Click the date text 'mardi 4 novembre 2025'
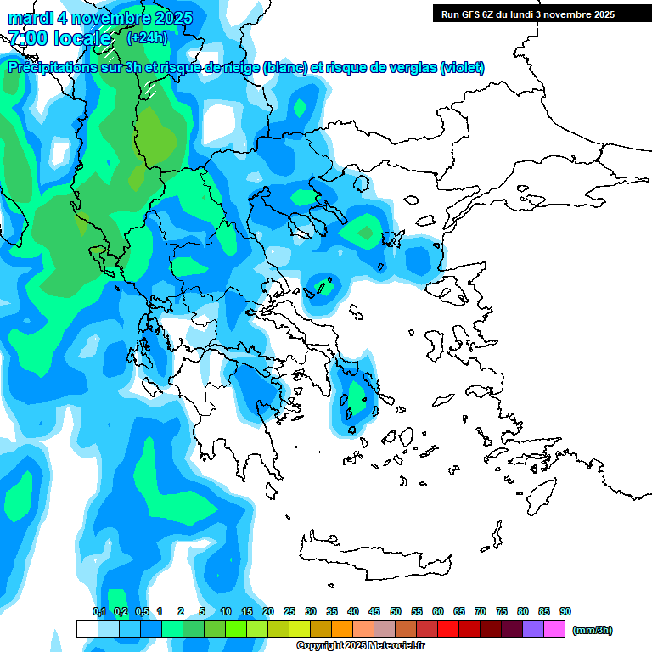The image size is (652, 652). [x=100, y=18]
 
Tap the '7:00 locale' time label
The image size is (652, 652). [x=59, y=38]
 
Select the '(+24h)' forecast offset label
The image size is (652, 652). [x=147, y=37]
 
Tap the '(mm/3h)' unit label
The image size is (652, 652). [x=593, y=630]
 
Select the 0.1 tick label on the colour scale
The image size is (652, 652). [x=98, y=611]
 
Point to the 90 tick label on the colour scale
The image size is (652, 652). [x=565, y=611]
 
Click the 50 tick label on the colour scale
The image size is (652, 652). [x=396, y=611]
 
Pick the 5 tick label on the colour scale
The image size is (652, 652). [x=202, y=611]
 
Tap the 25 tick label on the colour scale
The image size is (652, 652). [x=289, y=611]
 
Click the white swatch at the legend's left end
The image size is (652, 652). [x=87, y=629]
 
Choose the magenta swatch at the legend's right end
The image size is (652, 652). [x=554, y=629]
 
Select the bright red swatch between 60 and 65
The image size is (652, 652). [x=448, y=629]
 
